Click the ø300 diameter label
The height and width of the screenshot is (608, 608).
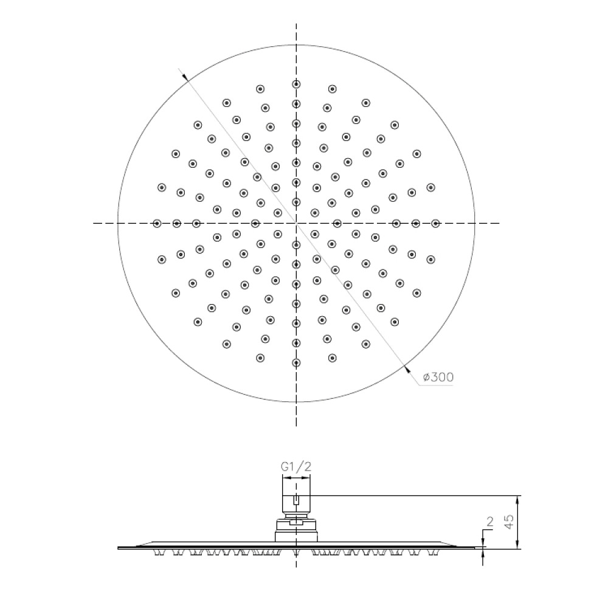[x=438, y=377]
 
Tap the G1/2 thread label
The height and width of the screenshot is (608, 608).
[x=296, y=467]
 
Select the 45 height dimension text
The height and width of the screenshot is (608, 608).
[x=510, y=521]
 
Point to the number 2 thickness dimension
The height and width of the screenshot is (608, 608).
[x=489, y=522]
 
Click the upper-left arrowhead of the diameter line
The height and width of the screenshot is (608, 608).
[x=185, y=77]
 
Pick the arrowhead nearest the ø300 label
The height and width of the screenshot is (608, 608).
[x=407, y=369]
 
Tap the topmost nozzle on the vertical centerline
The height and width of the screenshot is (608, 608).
[x=296, y=84]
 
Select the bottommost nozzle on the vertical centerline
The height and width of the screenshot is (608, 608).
[x=296, y=363]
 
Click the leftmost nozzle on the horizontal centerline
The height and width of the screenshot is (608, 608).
[x=157, y=223]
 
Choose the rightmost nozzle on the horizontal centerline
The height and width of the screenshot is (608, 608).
[x=436, y=223]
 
